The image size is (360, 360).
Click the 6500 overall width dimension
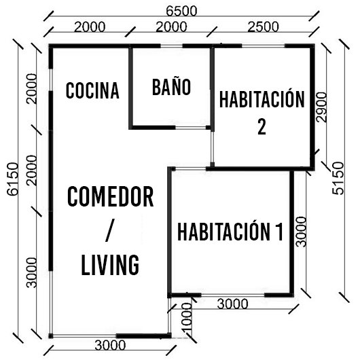coord(181,11)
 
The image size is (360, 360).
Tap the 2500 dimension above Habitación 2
coord(264,26)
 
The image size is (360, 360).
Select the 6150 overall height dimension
coord(13,179)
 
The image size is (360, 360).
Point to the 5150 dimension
coord(338,178)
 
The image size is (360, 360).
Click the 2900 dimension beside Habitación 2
coord(321,107)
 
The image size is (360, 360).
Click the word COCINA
coord(92,90)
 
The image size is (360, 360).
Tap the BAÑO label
coord(171,87)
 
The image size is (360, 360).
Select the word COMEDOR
coord(111,197)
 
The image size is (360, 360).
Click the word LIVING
coord(110,265)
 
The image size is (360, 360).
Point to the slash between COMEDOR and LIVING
coord(110,230)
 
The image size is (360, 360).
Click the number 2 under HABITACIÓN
coord(262,127)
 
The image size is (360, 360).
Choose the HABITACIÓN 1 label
coord(230,232)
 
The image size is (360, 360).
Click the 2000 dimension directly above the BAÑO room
coord(171,26)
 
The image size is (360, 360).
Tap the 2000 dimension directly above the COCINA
coord(90,26)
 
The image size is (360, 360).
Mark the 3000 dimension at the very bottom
coord(110,345)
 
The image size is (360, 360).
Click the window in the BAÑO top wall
coord(171,46)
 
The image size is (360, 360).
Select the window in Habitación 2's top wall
coord(264,46)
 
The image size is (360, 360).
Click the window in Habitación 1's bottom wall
coord(233,295)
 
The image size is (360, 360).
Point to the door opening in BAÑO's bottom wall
coord(191,128)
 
